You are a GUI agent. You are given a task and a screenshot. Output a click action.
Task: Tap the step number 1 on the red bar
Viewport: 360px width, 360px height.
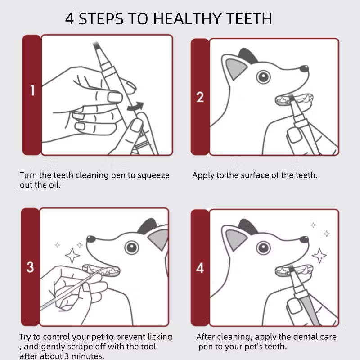pos(32,90)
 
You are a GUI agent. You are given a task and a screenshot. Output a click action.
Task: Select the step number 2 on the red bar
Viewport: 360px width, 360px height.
pos(200,97)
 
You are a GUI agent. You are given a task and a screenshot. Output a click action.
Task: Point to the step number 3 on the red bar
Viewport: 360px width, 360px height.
pos(30,267)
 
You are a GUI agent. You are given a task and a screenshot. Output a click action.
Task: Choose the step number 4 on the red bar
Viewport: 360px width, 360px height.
pos(200,269)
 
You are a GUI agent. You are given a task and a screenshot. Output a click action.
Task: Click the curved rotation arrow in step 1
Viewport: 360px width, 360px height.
pos(135,107)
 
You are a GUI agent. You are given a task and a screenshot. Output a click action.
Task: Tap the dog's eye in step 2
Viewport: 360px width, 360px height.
pos(263,76)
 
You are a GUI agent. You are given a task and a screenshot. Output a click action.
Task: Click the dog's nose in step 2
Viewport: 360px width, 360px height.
pos(305,69)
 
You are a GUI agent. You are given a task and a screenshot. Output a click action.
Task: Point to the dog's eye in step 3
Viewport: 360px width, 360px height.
pos(131,247)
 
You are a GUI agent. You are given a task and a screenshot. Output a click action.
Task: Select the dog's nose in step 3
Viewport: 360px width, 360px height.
pos(91,239)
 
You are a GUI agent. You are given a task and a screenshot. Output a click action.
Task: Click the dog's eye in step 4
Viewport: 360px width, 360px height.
pos(263,247)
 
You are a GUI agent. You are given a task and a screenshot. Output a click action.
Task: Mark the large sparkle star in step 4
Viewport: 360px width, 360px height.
pos(319,255)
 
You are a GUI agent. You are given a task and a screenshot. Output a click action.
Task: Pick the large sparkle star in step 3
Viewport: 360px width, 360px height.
pos(72,255)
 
